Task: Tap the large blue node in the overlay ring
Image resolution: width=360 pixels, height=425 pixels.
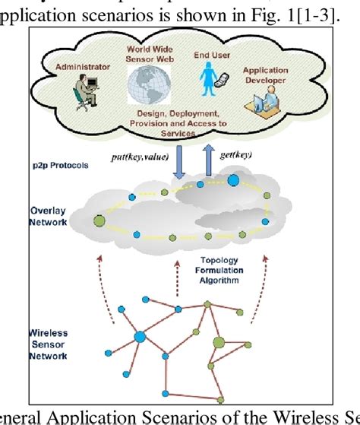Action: [233, 181]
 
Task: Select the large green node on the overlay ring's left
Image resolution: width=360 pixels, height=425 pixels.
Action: [99, 221]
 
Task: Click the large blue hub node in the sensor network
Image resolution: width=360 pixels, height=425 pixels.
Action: [140, 337]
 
